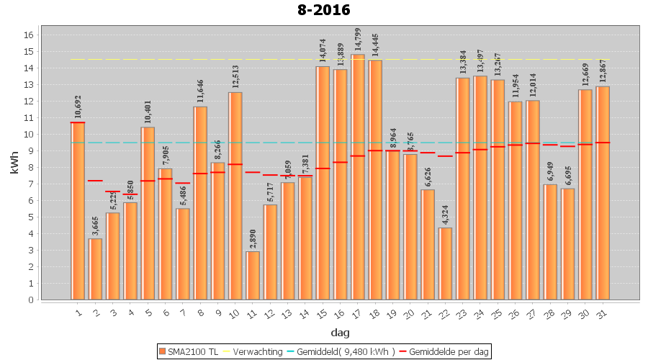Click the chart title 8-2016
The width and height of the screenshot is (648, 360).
pos(323,10)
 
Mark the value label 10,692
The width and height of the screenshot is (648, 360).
pos(78,107)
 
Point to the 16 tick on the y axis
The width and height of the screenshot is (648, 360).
pos(30,35)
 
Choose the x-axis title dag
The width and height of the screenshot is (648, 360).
pos(340,332)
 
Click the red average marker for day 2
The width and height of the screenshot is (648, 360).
pos(95,181)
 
